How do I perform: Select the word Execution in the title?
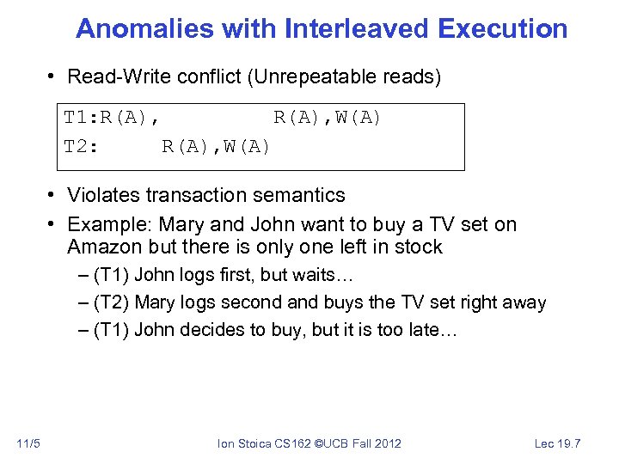[502, 28]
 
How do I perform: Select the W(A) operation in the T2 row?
[248, 146]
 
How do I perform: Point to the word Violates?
[104, 195]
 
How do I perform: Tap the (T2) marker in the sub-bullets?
[111, 302]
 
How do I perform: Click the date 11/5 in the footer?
[28, 443]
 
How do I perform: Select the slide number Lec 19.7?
[558, 443]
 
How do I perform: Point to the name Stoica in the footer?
[256, 443]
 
